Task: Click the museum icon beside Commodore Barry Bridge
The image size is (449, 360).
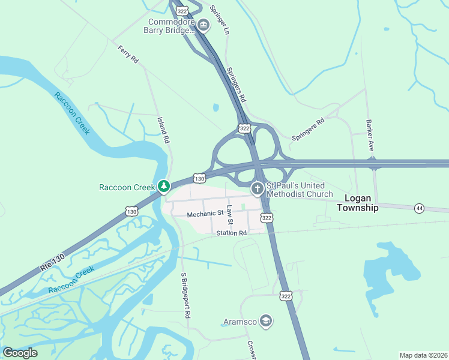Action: point(203,25)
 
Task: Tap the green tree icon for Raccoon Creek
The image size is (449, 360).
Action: point(163,187)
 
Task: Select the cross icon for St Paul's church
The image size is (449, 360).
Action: point(257,190)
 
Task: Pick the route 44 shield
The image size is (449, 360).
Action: point(419,208)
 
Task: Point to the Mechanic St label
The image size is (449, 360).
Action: point(205,214)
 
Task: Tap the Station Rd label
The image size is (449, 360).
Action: point(232,233)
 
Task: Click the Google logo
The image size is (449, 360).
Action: point(20,353)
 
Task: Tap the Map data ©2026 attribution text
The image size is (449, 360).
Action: point(423,355)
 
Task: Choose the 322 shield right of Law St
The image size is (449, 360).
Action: point(267,218)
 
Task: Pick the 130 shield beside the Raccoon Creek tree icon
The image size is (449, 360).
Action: point(199,178)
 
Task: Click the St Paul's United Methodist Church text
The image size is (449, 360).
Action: point(299,190)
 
